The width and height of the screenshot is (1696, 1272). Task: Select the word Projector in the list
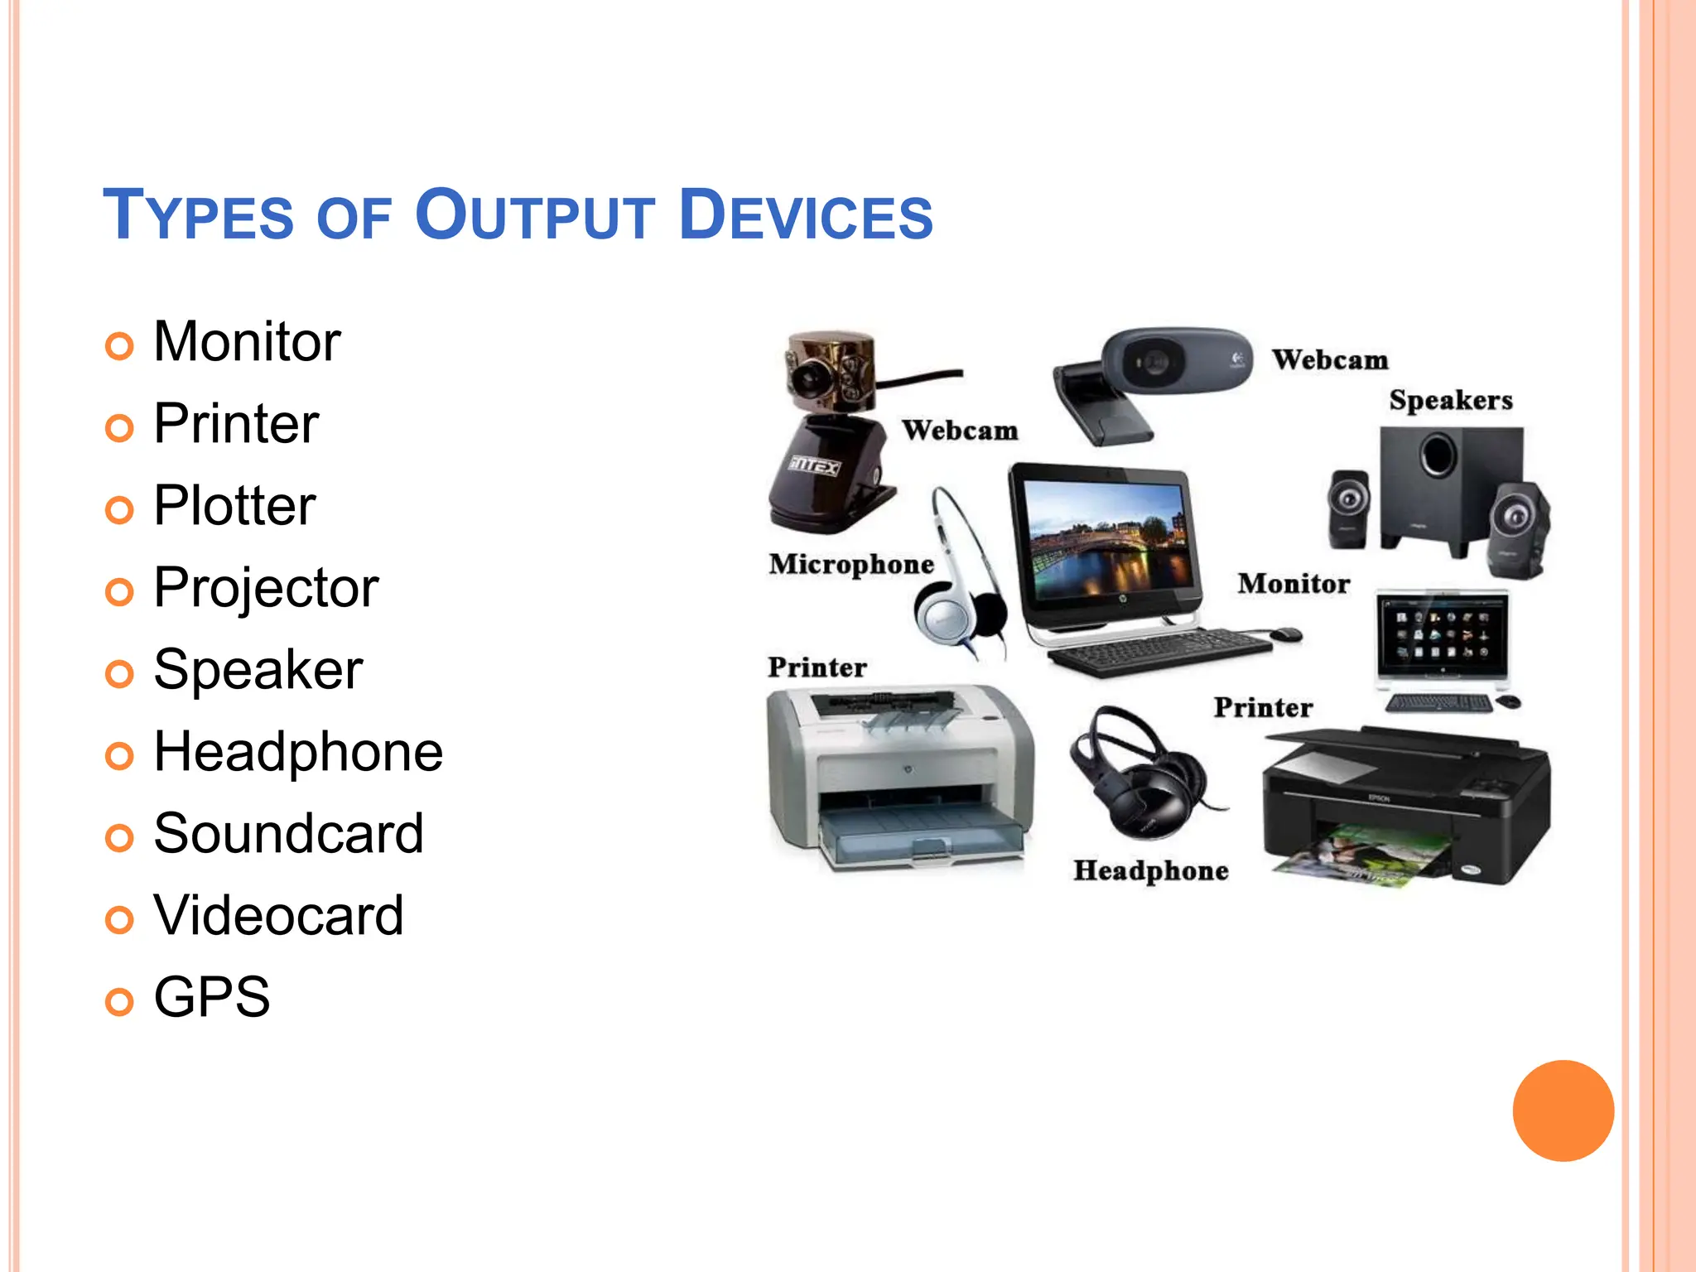tap(266, 588)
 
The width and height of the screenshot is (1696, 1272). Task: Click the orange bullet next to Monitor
tap(119, 346)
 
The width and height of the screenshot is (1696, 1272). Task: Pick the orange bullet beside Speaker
tap(119, 674)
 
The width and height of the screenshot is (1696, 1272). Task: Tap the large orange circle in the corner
tap(1563, 1111)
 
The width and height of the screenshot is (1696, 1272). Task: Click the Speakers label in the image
tap(1451, 401)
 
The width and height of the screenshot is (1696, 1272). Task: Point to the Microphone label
tap(851, 565)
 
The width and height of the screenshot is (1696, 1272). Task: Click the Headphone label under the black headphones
tap(1151, 871)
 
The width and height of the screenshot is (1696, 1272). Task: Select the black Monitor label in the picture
tap(1294, 584)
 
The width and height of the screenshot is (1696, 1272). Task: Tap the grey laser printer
tap(901, 778)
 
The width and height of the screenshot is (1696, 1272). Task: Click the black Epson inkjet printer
tap(1405, 807)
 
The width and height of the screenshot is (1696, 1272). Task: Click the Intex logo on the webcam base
tap(814, 466)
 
